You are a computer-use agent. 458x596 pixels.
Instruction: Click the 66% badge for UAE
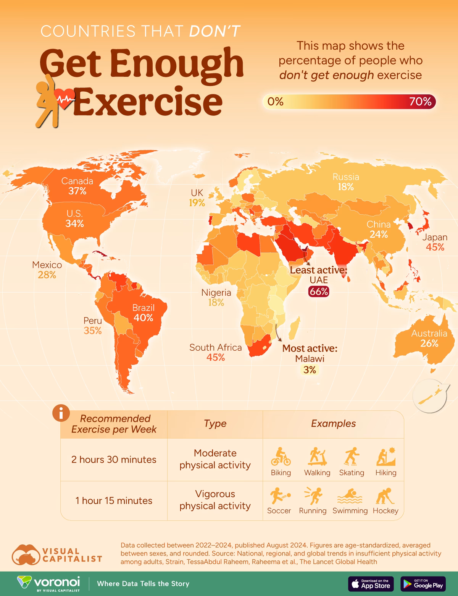(319, 292)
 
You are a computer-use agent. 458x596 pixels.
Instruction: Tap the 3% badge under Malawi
(310, 369)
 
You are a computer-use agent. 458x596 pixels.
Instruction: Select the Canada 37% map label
(77, 186)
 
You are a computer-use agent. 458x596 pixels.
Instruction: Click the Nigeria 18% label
(216, 298)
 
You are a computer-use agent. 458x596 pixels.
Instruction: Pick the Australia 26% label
(429, 338)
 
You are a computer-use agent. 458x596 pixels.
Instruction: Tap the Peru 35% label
(93, 326)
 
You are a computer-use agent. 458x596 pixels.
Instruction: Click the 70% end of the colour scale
(420, 102)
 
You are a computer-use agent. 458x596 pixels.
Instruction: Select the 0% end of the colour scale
(276, 102)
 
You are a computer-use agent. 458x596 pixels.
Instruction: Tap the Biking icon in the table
(281, 457)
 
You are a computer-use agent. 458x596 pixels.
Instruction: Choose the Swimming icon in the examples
(350, 497)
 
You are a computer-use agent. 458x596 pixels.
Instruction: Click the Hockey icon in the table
(385, 496)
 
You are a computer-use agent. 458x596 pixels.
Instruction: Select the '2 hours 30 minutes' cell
(114, 460)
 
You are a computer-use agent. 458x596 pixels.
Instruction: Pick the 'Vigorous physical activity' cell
(215, 500)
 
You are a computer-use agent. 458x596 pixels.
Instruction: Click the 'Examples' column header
(333, 424)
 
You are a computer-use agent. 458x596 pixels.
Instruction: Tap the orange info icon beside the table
(61, 413)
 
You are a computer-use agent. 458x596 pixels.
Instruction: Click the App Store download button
(371, 584)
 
